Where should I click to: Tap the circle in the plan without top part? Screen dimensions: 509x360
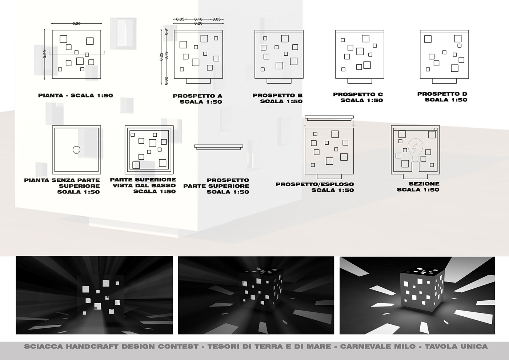click(x=77, y=150)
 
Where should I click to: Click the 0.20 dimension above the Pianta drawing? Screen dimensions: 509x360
click(x=76, y=23)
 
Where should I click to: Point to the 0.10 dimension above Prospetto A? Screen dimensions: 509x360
click(x=199, y=19)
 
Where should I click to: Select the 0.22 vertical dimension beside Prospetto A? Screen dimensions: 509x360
click(x=161, y=57)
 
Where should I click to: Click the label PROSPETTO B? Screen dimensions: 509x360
click(x=278, y=95)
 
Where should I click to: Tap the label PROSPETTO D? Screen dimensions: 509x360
click(x=442, y=94)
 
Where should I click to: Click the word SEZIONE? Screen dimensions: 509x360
click(x=424, y=184)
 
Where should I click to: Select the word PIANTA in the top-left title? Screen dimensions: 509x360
click(x=51, y=95)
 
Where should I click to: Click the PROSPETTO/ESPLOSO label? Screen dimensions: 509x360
click(x=315, y=184)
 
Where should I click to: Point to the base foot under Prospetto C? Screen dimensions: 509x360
click(x=360, y=81)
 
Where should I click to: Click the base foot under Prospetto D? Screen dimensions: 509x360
click(x=444, y=81)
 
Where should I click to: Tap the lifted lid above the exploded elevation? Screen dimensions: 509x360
click(x=329, y=118)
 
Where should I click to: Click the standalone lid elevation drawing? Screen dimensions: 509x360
click(x=219, y=147)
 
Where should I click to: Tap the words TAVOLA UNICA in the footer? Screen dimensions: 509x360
click(x=456, y=347)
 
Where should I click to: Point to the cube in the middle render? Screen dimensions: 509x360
click(x=261, y=290)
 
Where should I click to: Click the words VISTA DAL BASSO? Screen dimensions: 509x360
click(x=144, y=185)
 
